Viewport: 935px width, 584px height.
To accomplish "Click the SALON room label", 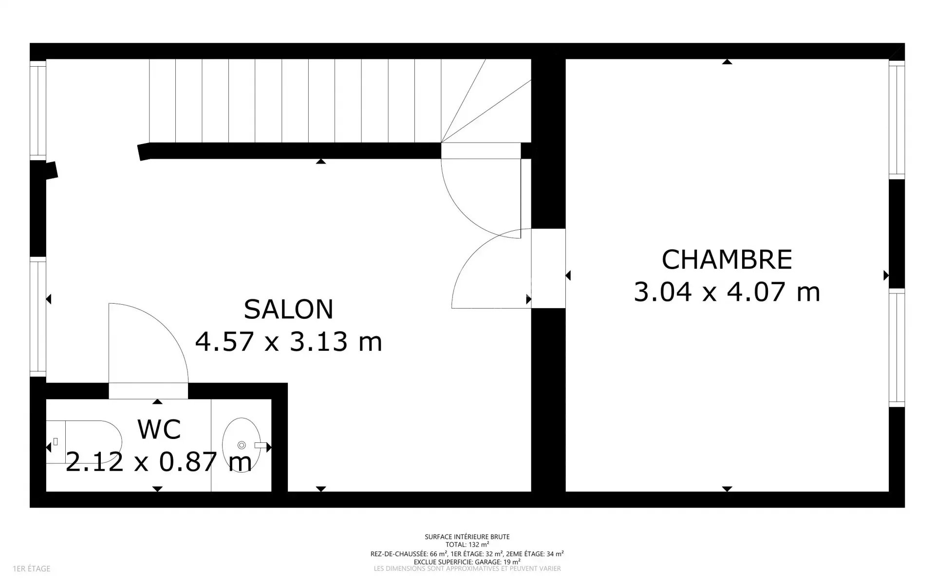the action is [288, 309].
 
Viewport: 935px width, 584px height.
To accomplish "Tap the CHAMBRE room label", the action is [727, 259].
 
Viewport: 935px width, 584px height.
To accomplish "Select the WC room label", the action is [159, 429].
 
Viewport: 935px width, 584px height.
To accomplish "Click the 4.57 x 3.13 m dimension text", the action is [288, 341].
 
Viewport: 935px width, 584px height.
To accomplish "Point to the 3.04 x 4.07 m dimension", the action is [727, 292].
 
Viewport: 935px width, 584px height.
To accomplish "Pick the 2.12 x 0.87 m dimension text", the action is [159, 461].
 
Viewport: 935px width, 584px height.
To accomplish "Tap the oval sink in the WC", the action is [238, 445].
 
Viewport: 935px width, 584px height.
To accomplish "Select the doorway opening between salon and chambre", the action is [548, 268].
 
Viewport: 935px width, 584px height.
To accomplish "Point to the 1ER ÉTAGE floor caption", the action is [32, 568].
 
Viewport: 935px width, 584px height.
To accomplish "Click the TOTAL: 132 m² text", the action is [467, 545].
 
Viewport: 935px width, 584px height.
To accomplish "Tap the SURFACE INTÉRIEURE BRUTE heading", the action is [467, 537].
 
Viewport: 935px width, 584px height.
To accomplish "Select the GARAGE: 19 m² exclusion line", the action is [467, 561].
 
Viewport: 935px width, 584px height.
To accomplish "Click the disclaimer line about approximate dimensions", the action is [467, 568].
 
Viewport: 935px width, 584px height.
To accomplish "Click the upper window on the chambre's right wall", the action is [897, 120].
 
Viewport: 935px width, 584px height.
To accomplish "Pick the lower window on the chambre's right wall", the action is [897, 348].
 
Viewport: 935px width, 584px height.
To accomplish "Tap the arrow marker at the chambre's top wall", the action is [727, 62].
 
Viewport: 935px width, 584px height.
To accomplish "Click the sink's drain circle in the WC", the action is [241, 445].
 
